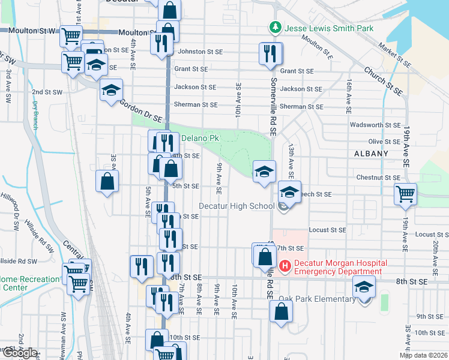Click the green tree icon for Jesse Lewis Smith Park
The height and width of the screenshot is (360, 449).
coord(275,28)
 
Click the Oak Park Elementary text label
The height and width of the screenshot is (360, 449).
coord(317,299)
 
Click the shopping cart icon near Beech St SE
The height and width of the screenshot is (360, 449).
coord(405,193)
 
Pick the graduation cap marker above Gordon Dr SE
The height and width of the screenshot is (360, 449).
coord(111,90)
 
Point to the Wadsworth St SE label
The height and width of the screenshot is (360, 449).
coord(376,125)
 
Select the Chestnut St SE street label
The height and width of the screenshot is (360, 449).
coord(377,178)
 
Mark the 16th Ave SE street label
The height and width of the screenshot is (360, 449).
coord(348,96)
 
